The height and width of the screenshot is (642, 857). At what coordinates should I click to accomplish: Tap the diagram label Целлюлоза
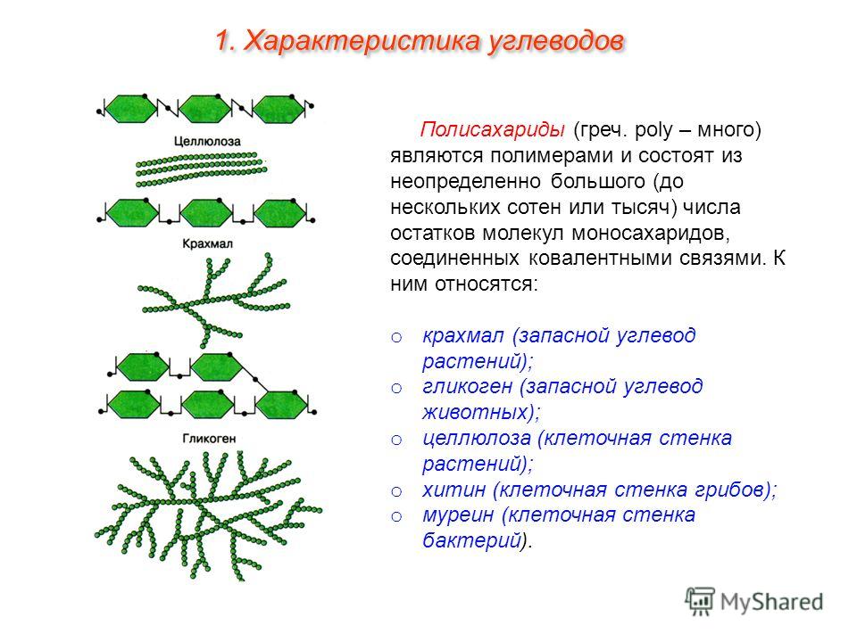207,142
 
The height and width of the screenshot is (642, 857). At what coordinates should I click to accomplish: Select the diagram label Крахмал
207,243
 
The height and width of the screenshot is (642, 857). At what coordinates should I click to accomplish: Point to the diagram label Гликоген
209,439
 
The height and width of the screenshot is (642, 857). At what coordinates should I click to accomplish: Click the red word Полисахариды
492,130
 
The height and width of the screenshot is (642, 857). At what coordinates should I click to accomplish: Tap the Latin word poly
653,130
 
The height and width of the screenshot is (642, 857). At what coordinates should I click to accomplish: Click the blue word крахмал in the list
462,335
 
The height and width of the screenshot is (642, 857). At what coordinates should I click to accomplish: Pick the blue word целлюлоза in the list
477,438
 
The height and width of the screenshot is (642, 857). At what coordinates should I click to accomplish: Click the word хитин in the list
453,490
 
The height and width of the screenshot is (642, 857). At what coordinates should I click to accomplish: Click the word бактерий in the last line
471,540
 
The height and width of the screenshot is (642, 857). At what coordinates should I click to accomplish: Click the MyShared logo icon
700,602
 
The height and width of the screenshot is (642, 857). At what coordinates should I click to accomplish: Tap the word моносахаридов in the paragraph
651,233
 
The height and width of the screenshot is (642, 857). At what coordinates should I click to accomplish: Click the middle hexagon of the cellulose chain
205,108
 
